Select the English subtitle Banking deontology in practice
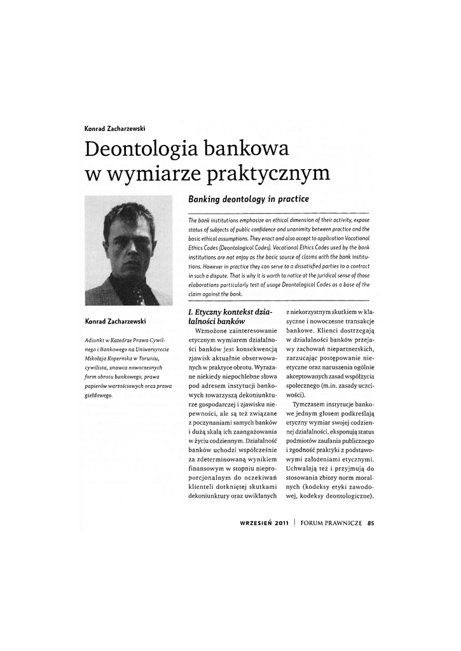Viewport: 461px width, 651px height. pyautogui.click(x=248, y=200)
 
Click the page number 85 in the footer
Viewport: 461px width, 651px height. pyautogui.click(x=371, y=524)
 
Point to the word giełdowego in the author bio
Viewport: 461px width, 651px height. pyautogui.click(x=100, y=395)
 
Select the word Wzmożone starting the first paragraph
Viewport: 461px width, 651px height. pyautogui.click(x=205, y=331)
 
